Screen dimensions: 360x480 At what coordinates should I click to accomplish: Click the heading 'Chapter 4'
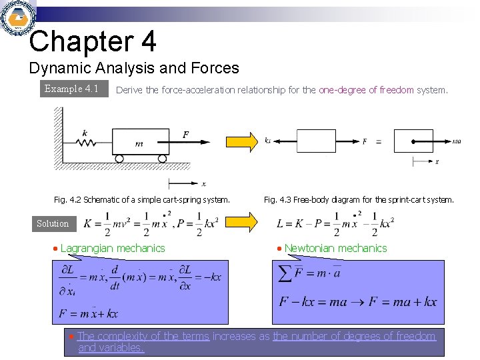pyautogui.click(x=93, y=41)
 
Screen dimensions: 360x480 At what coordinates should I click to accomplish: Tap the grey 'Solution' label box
pyautogui.click(x=53, y=224)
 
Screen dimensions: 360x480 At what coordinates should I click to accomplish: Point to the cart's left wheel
pyautogui.click(x=119, y=159)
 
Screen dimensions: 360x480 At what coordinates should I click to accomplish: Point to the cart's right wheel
pyautogui.click(x=161, y=159)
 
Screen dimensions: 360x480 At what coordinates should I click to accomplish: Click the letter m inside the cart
pyautogui.click(x=139, y=143)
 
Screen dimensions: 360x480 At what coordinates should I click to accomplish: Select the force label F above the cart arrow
pyautogui.click(x=185, y=135)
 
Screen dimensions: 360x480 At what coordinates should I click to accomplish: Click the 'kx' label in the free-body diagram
pyautogui.click(x=267, y=141)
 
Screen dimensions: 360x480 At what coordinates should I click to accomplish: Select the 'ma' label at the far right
pyautogui.click(x=457, y=141)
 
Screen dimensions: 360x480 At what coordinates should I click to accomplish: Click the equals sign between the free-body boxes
pyautogui.click(x=379, y=141)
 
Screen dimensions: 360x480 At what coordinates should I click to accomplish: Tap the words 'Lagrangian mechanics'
pyautogui.click(x=113, y=248)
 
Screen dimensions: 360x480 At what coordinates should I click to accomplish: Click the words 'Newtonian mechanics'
pyautogui.click(x=335, y=248)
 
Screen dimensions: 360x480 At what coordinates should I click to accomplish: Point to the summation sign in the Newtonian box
pyautogui.click(x=285, y=273)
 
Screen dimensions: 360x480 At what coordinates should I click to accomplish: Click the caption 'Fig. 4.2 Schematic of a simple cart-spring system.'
pyautogui.click(x=141, y=199)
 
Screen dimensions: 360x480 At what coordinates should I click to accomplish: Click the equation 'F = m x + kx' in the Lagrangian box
pyautogui.click(x=88, y=313)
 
